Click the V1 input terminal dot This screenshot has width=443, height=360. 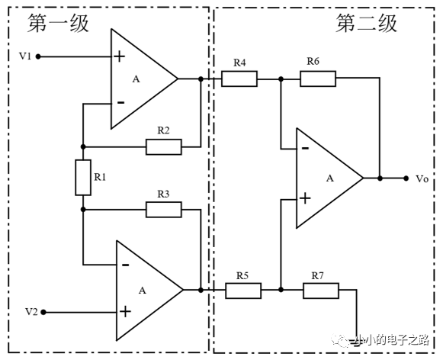[38, 56]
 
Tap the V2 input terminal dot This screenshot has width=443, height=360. [43, 312]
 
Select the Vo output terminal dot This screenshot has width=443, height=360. [406, 178]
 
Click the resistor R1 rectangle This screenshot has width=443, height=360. [83, 178]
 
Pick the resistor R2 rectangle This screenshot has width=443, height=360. [164, 147]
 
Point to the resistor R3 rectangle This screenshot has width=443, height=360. [164, 210]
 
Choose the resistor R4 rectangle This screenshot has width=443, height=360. [239, 79]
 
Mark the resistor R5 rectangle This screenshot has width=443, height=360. [243, 291]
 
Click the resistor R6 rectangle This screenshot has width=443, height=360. [318, 79]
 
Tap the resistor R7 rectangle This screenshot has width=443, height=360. [321, 291]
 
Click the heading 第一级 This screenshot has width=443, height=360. [58, 23]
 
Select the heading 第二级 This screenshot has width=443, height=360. [367, 23]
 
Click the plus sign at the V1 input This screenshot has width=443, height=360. [119, 56]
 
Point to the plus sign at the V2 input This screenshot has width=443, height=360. [125, 312]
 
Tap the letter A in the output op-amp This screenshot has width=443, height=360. [330, 178]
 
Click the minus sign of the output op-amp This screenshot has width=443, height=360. [305, 149]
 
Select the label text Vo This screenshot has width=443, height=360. [422, 179]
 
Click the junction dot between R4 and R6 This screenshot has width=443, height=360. [281, 79]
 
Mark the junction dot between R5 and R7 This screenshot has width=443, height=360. [281, 290]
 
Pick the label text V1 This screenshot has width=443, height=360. [25, 56]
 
